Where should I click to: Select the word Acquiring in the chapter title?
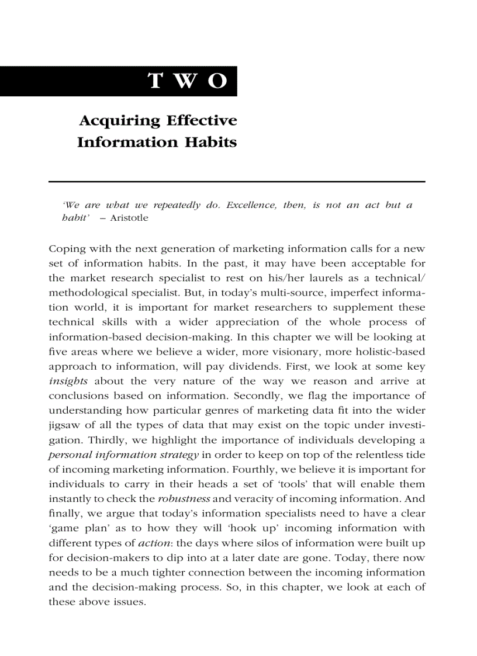click(x=119, y=121)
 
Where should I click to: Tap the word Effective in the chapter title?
click(x=202, y=121)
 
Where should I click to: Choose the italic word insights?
click(x=68, y=381)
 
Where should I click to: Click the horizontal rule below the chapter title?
click(x=237, y=182)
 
